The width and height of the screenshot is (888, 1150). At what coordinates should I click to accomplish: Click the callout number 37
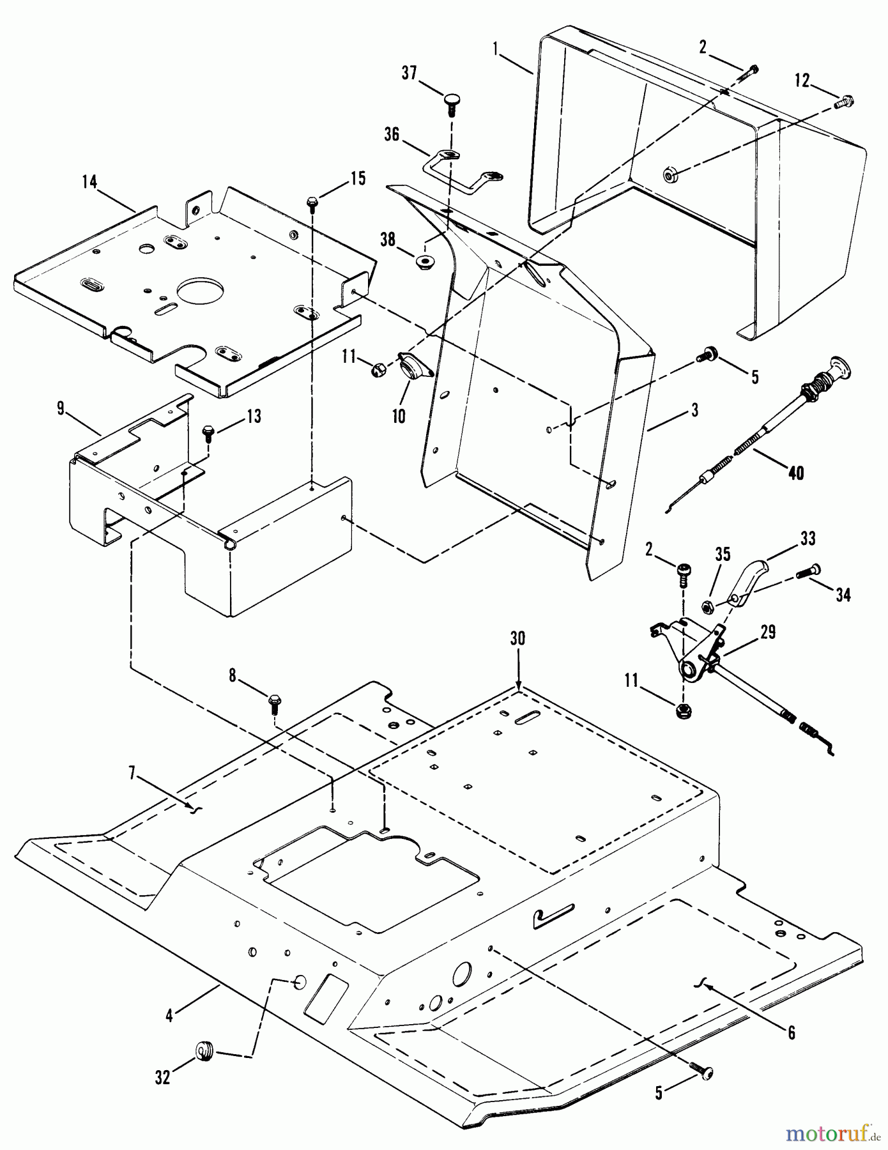point(409,72)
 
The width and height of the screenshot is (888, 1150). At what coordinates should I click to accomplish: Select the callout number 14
point(89,182)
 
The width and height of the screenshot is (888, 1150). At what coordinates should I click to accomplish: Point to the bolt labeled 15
point(312,203)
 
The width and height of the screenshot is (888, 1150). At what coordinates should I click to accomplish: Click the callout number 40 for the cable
point(795,473)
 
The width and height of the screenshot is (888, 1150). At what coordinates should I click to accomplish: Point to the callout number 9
point(61,408)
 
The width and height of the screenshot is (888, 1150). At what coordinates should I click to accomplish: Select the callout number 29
point(768,632)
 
